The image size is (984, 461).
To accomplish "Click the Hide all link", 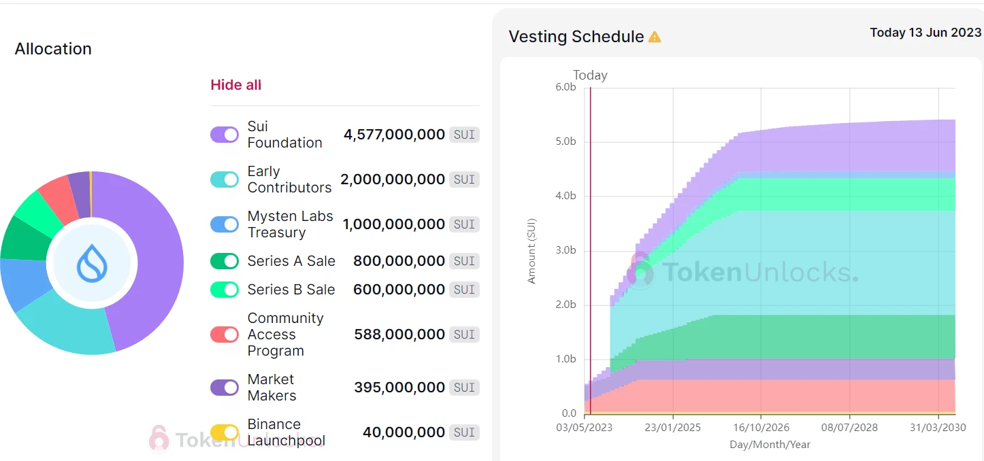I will (235, 85).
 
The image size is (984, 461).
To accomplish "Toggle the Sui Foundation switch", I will (225, 135).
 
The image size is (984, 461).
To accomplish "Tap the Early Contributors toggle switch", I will (225, 180).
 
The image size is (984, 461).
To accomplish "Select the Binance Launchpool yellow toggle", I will (225, 432).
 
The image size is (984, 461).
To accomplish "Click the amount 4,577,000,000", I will (394, 135).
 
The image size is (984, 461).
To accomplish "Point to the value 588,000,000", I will (399, 335).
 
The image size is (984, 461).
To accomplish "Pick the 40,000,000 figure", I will (404, 432).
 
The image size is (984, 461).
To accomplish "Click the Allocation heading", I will (53, 49).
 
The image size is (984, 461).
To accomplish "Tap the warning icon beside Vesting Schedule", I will (655, 37).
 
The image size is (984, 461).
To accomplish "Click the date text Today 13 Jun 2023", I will (925, 32).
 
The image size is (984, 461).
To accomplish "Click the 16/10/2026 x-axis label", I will (761, 428).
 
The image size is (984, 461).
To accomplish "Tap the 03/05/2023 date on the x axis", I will (584, 428).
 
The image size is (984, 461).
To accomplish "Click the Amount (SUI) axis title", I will (531, 250).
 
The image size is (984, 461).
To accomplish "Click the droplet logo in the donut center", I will (92, 263).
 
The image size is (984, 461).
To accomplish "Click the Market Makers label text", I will (272, 388).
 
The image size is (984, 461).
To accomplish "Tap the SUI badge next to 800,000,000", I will (464, 261).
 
